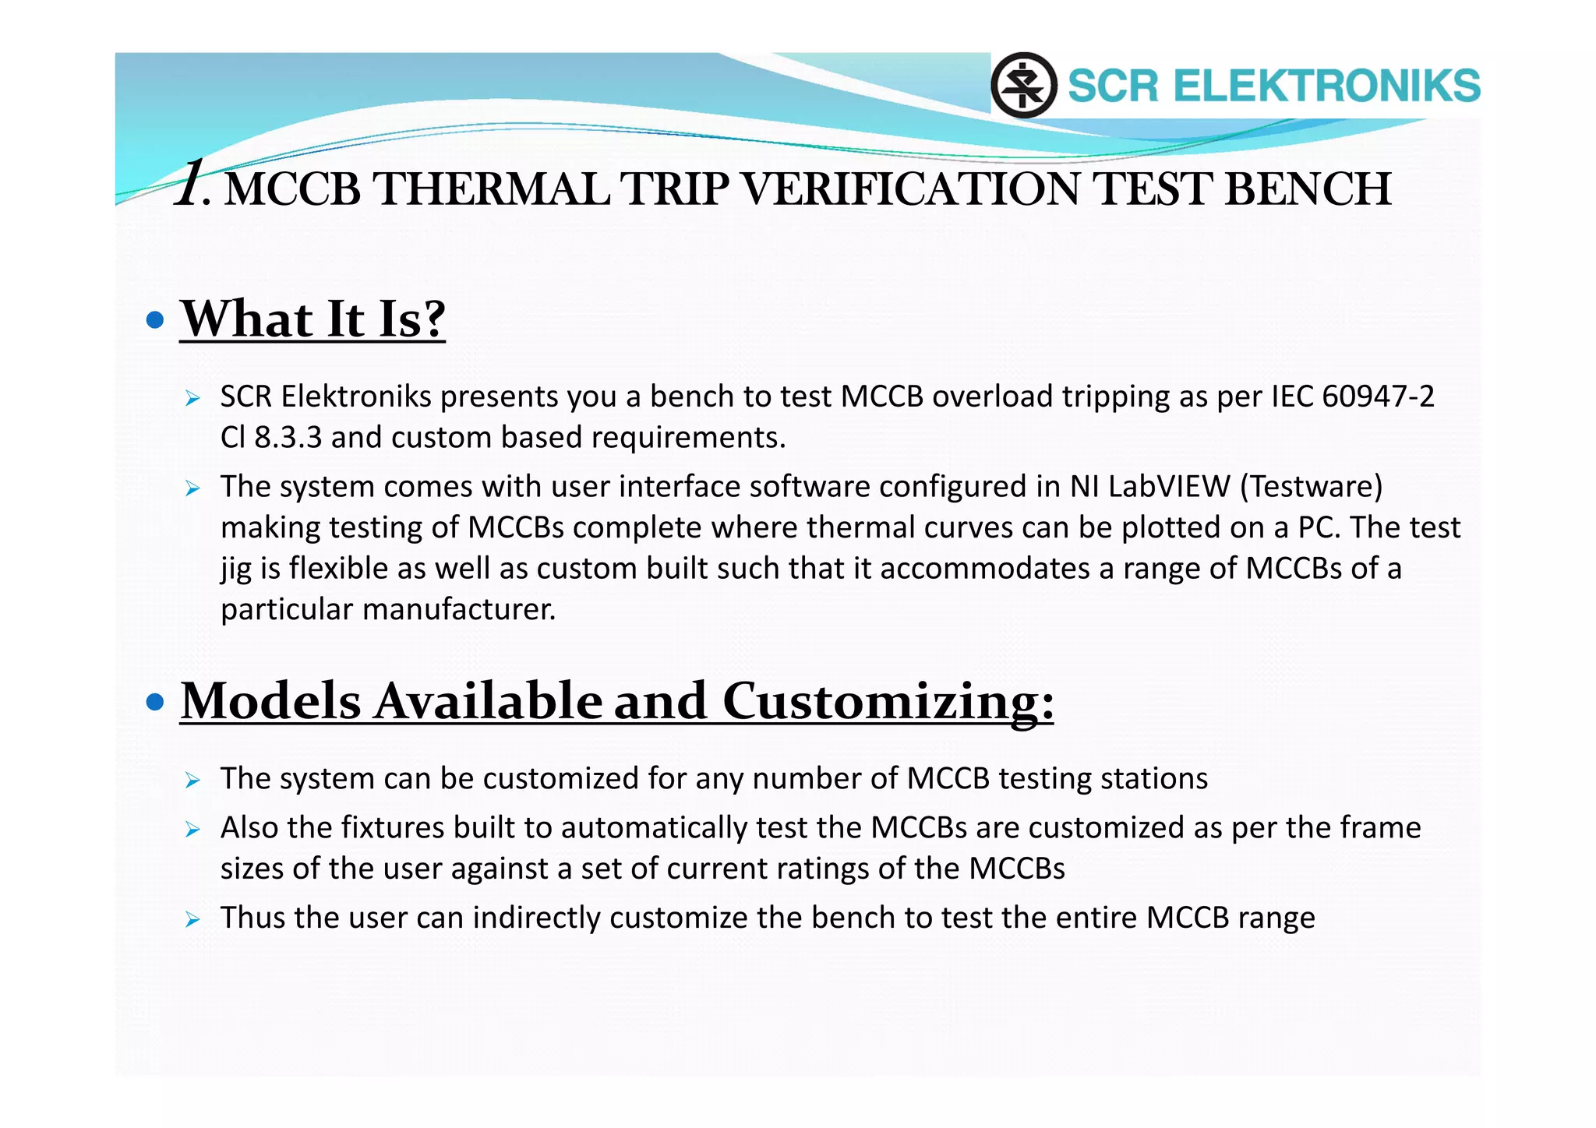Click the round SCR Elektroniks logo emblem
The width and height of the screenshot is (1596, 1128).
1023,85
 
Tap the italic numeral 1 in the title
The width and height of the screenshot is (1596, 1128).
189,184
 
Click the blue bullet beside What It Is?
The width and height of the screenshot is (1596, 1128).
156,319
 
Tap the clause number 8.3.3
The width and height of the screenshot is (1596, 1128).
288,438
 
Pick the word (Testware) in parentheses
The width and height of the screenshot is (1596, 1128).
1311,487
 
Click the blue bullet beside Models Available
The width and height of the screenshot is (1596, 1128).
156,702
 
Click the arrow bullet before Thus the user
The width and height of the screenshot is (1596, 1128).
193,919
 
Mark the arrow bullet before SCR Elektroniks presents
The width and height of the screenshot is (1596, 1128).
193,399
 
